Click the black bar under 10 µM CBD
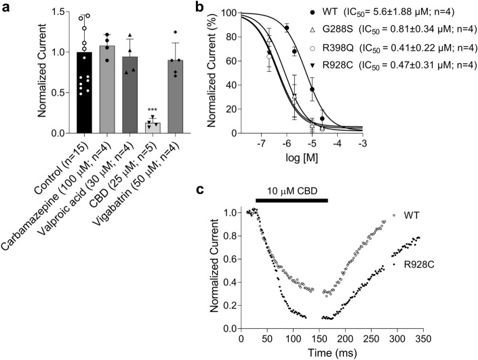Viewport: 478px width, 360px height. coord(291,200)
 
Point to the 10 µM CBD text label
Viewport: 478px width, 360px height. coord(291,189)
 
